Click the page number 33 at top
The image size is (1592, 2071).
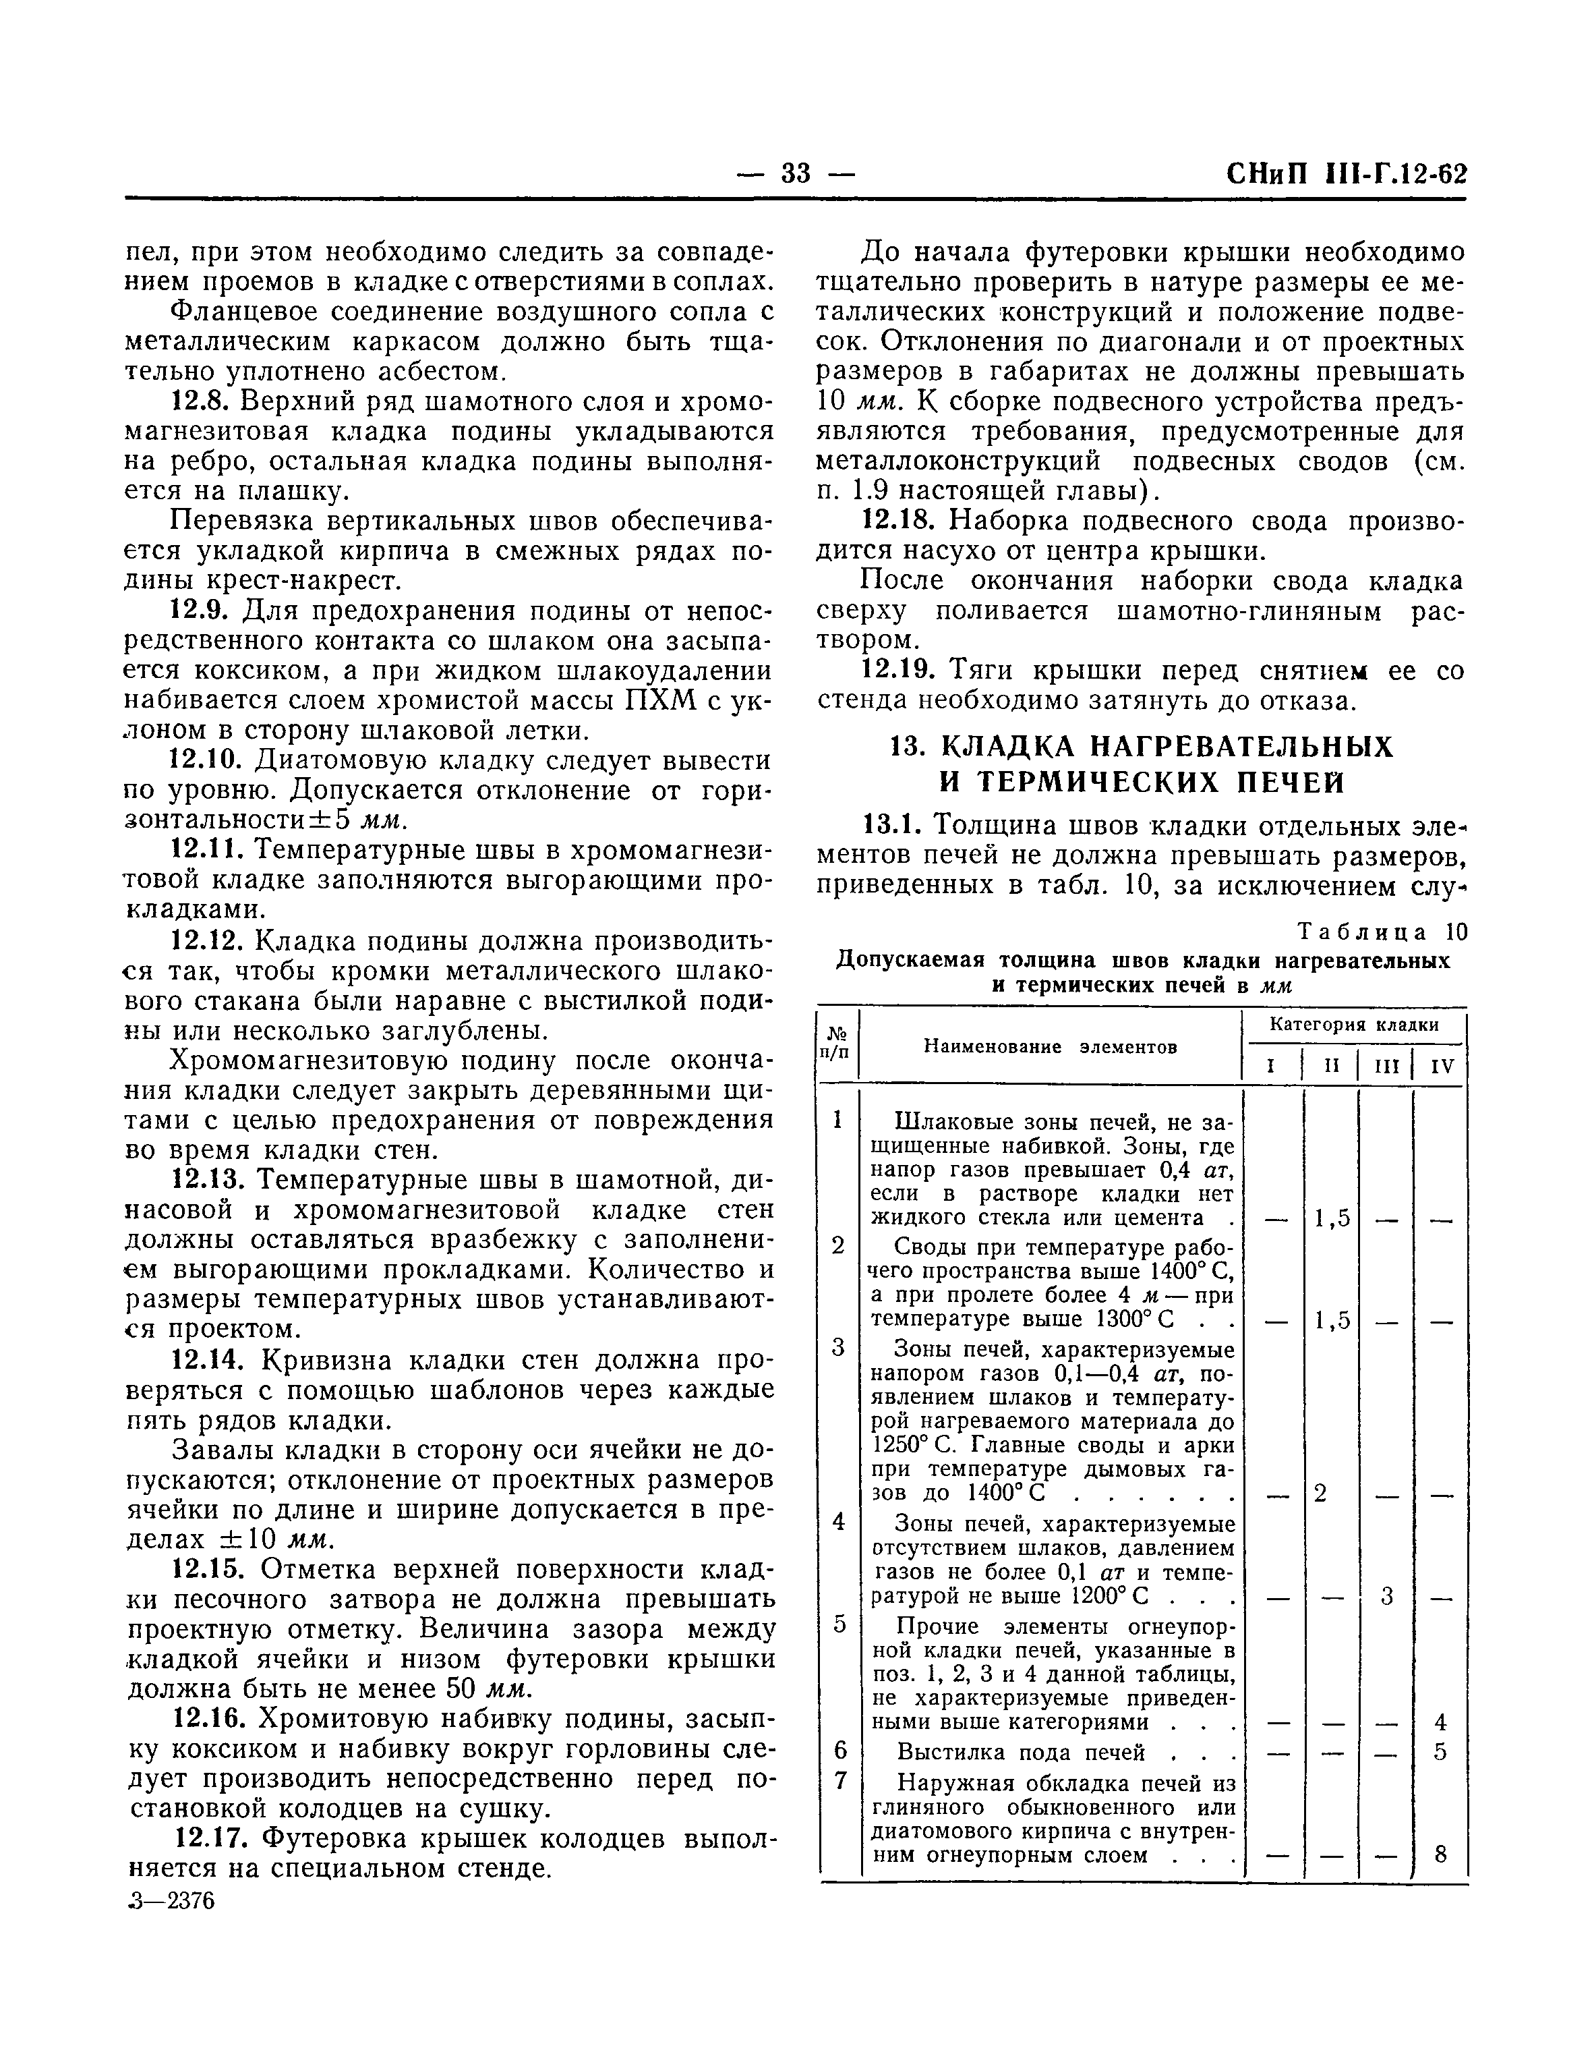(796, 173)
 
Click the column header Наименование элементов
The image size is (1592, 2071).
(1050, 1048)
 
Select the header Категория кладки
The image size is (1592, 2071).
(1353, 1025)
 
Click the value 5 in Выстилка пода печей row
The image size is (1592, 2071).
(1440, 1753)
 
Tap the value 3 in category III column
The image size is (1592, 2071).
(1386, 1597)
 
